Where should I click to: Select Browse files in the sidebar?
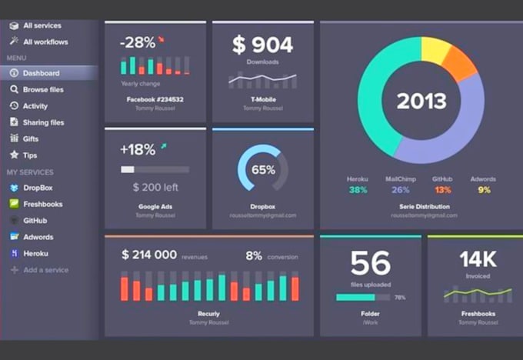tap(42, 90)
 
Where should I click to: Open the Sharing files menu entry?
tap(43, 122)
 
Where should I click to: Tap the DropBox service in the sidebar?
tap(38, 188)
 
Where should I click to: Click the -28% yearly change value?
tap(137, 42)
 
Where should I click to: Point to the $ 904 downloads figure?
tap(262, 45)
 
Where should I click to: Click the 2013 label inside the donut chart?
tap(421, 101)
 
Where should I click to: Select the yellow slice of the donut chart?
tap(435, 49)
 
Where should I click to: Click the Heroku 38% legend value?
tap(357, 189)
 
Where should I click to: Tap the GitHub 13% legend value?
tap(442, 189)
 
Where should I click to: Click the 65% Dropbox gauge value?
tap(263, 169)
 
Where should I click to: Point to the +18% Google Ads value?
tap(138, 148)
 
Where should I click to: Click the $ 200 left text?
tap(155, 187)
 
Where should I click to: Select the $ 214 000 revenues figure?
tap(148, 255)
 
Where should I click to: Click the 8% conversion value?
tap(254, 255)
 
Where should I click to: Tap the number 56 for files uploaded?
tap(370, 264)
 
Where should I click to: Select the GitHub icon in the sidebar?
tap(14, 221)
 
